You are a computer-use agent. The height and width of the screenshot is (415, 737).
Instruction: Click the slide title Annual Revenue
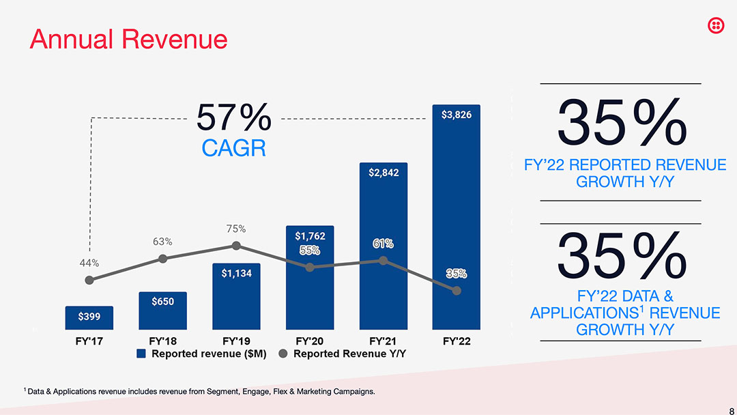[128, 39]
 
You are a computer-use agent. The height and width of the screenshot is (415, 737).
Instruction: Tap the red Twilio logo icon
[716, 25]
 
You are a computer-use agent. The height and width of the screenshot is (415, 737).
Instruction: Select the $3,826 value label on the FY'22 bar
[456, 115]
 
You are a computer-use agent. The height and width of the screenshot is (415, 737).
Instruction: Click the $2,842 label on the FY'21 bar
[383, 173]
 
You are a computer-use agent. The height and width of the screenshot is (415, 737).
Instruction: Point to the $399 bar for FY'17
[89, 317]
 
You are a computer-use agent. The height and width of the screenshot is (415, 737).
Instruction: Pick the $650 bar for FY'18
[162, 310]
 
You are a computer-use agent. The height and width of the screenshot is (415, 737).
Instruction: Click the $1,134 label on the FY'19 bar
[236, 274]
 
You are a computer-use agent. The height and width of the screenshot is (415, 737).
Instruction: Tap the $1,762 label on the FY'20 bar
[310, 236]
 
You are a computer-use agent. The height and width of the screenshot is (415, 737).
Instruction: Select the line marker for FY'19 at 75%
[236, 245]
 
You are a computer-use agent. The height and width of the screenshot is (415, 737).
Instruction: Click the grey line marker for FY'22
[457, 291]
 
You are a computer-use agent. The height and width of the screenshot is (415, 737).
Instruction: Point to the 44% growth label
[89, 263]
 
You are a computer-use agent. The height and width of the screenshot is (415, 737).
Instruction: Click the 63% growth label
[162, 242]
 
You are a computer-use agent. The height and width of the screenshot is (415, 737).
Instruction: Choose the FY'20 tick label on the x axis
[310, 341]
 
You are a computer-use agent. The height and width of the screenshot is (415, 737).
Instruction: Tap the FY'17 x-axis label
[89, 341]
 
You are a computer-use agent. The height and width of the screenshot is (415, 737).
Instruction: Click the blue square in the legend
[141, 354]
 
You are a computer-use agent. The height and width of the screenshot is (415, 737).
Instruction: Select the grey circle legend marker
[283, 354]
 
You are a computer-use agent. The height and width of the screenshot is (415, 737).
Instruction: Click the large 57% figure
[234, 119]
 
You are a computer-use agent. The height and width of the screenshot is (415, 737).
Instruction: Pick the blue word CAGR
[233, 148]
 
